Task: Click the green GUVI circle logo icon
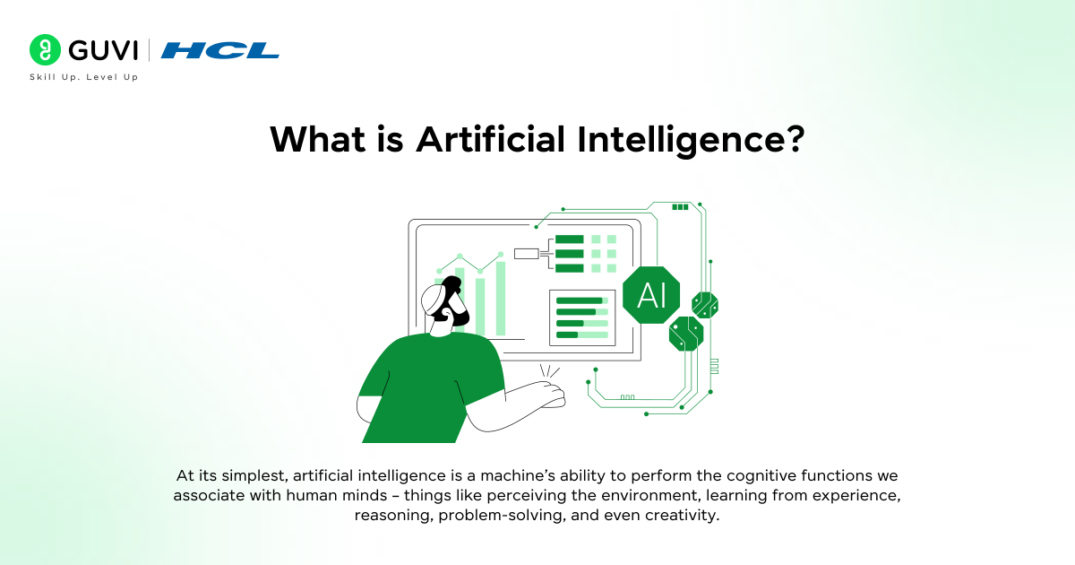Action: [45, 50]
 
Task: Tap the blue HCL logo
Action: [220, 50]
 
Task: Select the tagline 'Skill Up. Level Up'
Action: [83, 77]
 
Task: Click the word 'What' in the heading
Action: [317, 139]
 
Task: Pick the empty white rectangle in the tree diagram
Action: [526, 254]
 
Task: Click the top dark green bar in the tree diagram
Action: [569, 239]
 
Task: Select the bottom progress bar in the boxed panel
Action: [581, 335]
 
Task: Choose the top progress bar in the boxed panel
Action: [581, 300]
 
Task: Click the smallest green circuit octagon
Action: [705, 305]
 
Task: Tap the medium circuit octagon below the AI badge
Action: [686, 334]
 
